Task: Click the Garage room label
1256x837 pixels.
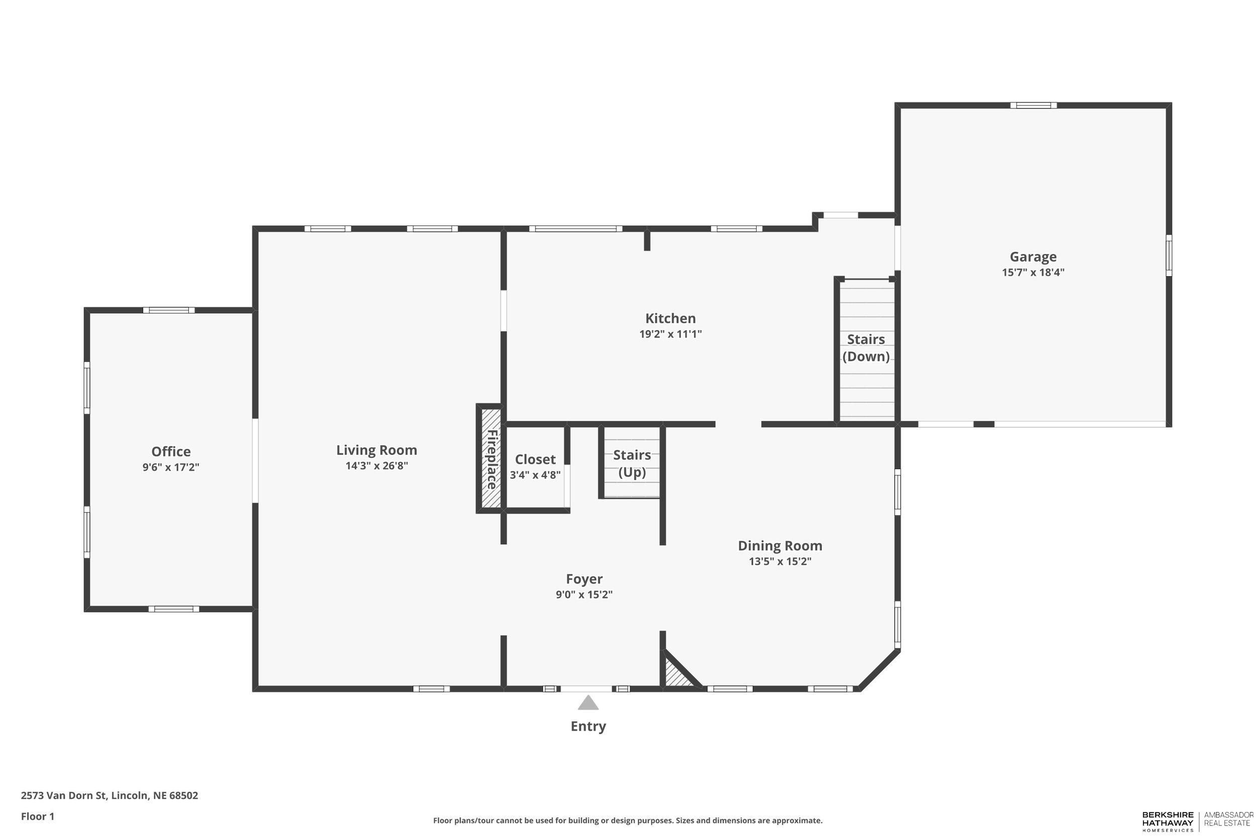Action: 1032,257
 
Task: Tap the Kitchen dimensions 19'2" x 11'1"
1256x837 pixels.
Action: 670,334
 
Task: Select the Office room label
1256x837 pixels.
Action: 171,451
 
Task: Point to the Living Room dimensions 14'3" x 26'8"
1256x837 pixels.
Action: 376,465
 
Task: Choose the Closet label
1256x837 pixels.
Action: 535,459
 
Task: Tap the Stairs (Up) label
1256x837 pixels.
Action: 632,463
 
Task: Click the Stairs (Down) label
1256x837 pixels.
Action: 866,347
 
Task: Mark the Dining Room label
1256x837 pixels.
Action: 780,546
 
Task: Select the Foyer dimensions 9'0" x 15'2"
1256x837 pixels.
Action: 584,594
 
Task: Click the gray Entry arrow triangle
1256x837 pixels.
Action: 588,703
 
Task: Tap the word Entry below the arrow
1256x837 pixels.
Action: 588,726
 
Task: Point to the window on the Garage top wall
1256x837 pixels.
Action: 1033,105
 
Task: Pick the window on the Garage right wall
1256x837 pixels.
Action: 1169,255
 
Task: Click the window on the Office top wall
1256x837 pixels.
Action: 168,310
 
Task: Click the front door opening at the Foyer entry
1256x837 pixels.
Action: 586,688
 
